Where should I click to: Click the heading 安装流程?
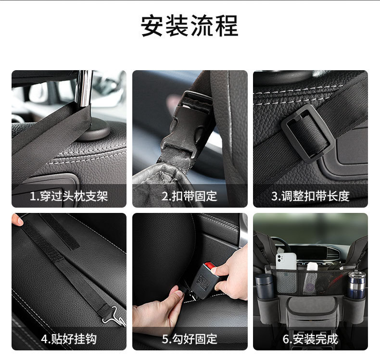[x=190, y=25]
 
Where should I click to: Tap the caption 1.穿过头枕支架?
[x=69, y=196]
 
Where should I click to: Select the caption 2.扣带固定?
[x=189, y=196]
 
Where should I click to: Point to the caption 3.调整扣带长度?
[x=310, y=196]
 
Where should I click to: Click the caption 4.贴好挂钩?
[x=69, y=339]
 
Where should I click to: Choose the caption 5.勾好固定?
[x=190, y=339]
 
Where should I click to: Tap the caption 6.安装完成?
[x=310, y=339]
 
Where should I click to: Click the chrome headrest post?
[x=84, y=88]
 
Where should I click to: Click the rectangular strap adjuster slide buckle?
[x=308, y=134]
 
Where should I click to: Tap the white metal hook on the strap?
[x=114, y=316]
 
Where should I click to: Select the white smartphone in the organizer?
[x=286, y=261]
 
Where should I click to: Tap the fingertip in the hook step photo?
[x=17, y=220]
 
